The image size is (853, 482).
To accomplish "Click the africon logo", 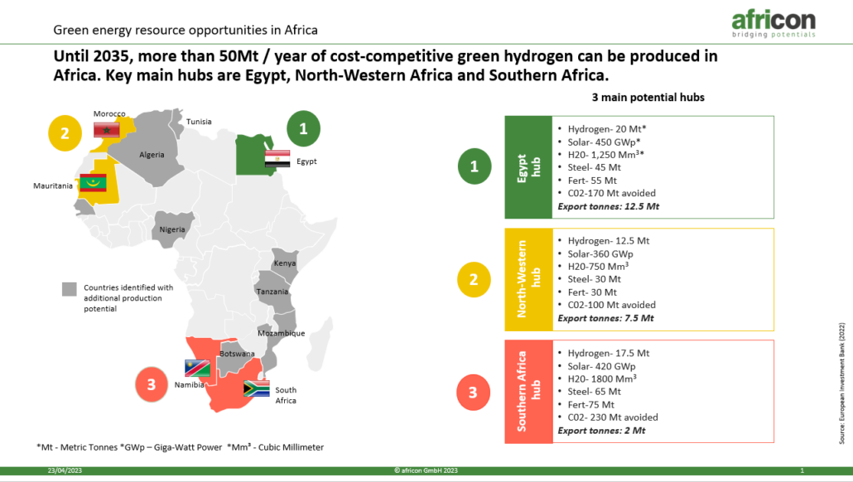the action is [x=773, y=23].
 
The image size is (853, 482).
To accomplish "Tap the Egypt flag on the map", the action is [x=277, y=158].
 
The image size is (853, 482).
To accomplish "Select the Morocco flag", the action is [x=107, y=129].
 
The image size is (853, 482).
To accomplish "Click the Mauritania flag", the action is [x=93, y=183].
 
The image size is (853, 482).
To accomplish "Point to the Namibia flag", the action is [x=197, y=369].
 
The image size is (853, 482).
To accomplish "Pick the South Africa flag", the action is [x=256, y=388].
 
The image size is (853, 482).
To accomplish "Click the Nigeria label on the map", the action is [x=172, y=229].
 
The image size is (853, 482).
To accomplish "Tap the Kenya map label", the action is [x=285, y=263].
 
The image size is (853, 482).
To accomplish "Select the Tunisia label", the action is [x=199, y=122].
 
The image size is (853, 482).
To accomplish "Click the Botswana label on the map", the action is [x=237, y=354].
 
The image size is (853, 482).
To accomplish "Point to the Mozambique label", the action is [x=282, y=333].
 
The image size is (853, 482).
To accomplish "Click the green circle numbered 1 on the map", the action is [x=304, y=129].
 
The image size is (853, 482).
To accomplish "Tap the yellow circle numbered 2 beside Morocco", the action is [x=65, y=133].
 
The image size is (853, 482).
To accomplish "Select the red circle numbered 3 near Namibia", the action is [x=152, y=384].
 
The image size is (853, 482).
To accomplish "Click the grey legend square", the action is [x=69, y=289].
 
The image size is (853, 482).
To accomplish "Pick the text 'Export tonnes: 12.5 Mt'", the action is [x=608, y=207].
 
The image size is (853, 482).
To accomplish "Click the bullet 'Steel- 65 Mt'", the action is [x=594, y=392].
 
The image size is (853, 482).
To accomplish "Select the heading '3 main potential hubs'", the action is [x=648, y=98].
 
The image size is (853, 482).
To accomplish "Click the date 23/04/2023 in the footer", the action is [x=65, y=470].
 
